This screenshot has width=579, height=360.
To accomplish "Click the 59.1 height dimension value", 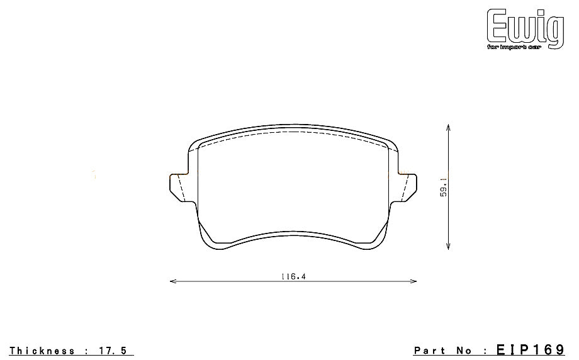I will pos(444,188).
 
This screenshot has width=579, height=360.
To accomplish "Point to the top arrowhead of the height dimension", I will pos(447,127).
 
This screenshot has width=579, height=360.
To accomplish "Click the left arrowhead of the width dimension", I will pos(172,281).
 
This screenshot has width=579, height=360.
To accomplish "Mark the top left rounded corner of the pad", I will pos(193,143).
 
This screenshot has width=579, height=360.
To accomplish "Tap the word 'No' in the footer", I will pos(468,351).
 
